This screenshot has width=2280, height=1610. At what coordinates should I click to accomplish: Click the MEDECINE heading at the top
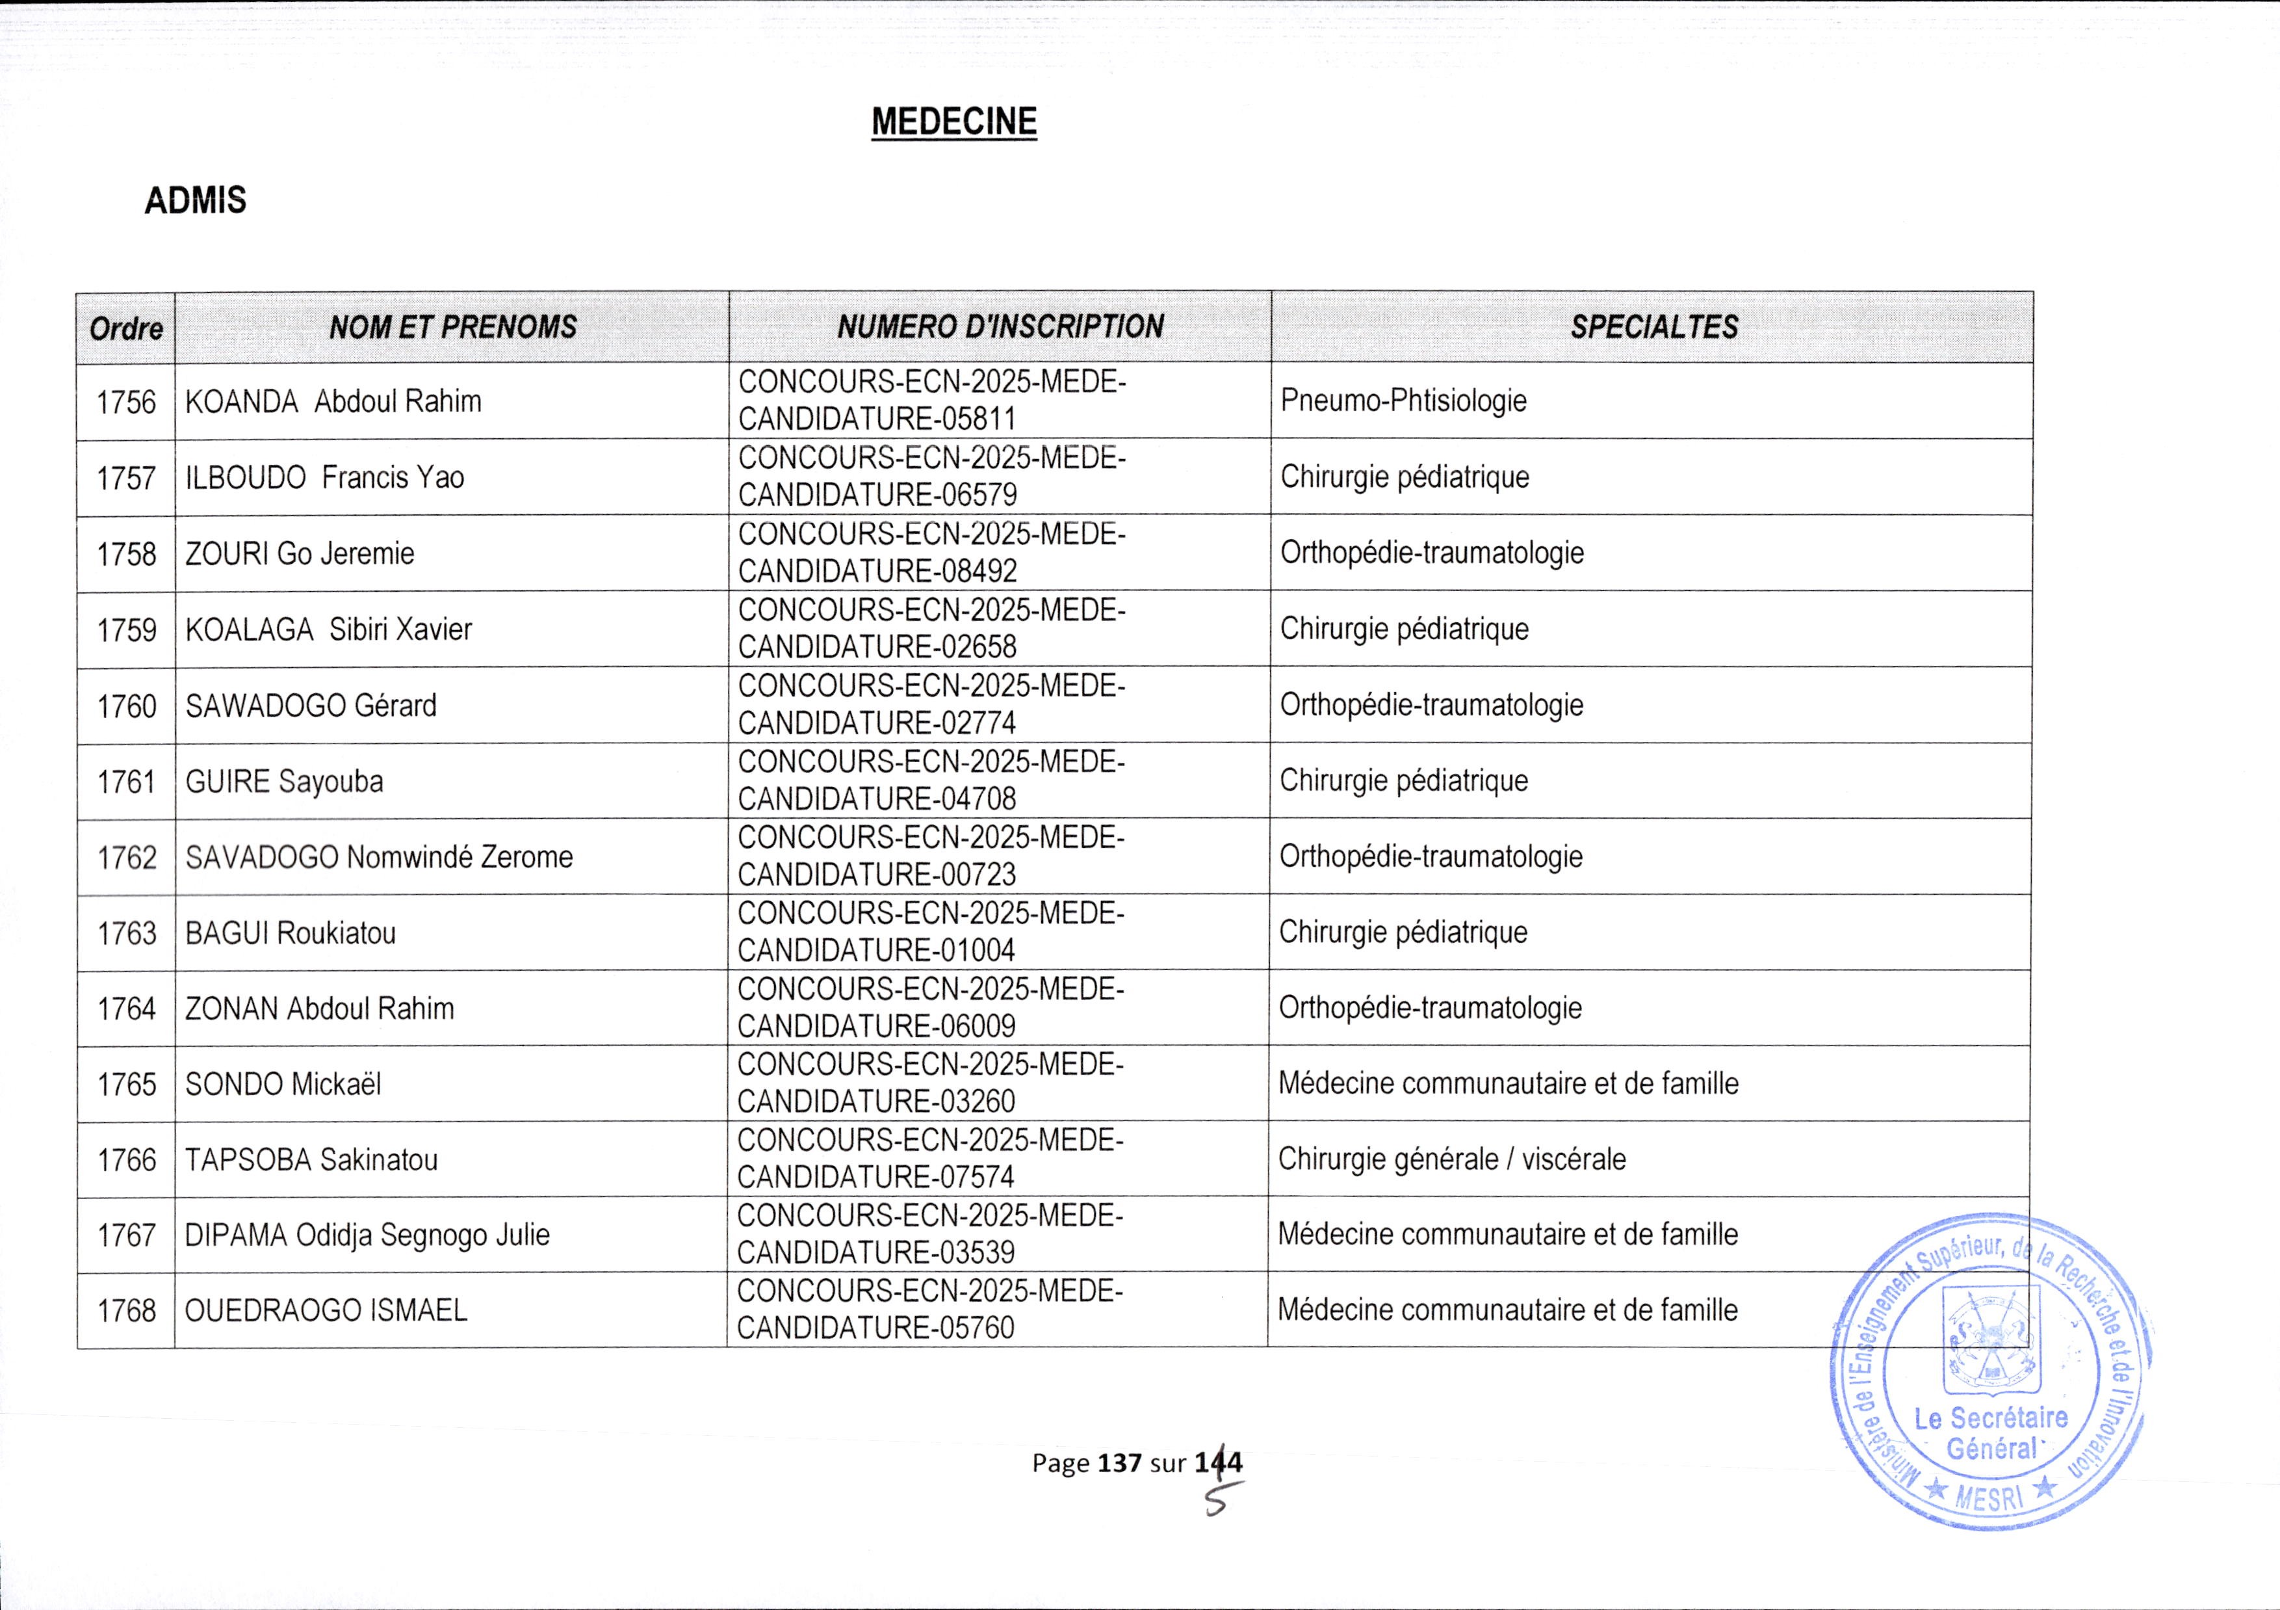(953, 122)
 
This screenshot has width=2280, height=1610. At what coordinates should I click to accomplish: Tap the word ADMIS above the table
(196, 201)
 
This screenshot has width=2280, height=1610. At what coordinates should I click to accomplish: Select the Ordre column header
(126, 328)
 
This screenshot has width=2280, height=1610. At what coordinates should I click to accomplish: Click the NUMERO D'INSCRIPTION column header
(1000, 327)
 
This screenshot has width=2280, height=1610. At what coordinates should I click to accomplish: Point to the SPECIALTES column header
(1653, 327)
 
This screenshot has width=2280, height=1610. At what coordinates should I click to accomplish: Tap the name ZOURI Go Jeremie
(300, 553)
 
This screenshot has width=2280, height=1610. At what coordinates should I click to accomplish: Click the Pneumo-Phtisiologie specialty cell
(1403, 401)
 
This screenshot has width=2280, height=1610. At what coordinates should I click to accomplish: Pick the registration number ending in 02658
(931, 629)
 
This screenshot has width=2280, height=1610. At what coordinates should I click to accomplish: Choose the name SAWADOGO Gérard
(311, 705)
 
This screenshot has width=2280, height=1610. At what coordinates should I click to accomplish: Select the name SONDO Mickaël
(283, 1083)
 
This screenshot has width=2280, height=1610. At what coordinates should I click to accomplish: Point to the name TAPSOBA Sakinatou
(311, 1160)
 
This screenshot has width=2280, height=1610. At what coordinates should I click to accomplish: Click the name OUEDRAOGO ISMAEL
(326, 1311)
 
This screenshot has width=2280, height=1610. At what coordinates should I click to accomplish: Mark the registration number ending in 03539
(929, 1235)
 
